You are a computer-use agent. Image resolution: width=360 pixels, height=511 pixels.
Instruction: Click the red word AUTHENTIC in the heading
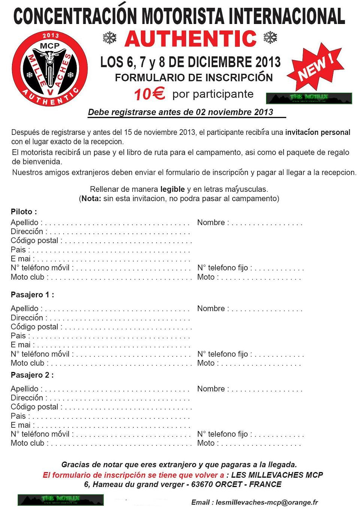coord(191,39)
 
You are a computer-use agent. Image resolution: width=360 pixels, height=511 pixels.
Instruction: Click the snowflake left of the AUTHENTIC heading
coord(110,37)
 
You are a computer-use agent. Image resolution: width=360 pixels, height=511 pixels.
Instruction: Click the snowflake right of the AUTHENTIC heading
coord(270,37)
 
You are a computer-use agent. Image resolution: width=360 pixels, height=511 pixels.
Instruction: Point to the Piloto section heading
coord(24,212)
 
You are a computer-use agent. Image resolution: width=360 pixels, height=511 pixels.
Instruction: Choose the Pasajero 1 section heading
coord(32,295)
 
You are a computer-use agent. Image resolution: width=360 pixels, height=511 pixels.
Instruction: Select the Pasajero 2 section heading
coord(32,375)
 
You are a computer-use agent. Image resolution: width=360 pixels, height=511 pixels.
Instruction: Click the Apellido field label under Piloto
coord(25,223)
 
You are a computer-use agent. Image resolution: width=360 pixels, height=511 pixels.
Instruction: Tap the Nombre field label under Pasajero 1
coord(211,309)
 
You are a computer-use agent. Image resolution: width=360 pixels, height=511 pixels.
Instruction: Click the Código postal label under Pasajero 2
coord(34,407)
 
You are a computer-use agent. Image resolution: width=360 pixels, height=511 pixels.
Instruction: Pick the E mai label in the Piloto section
coord(21,259)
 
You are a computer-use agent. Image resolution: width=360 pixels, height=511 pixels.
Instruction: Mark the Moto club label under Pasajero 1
coord(27,363)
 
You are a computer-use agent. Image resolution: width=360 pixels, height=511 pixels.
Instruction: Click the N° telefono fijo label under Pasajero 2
coord(223,434)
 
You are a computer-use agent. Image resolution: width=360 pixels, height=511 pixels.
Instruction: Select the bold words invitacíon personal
coord(318,132)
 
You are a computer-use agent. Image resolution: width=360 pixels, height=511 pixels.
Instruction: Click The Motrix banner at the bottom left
coord(61,500)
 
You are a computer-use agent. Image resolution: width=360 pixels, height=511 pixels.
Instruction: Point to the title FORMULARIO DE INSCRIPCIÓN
coord(194,78)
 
